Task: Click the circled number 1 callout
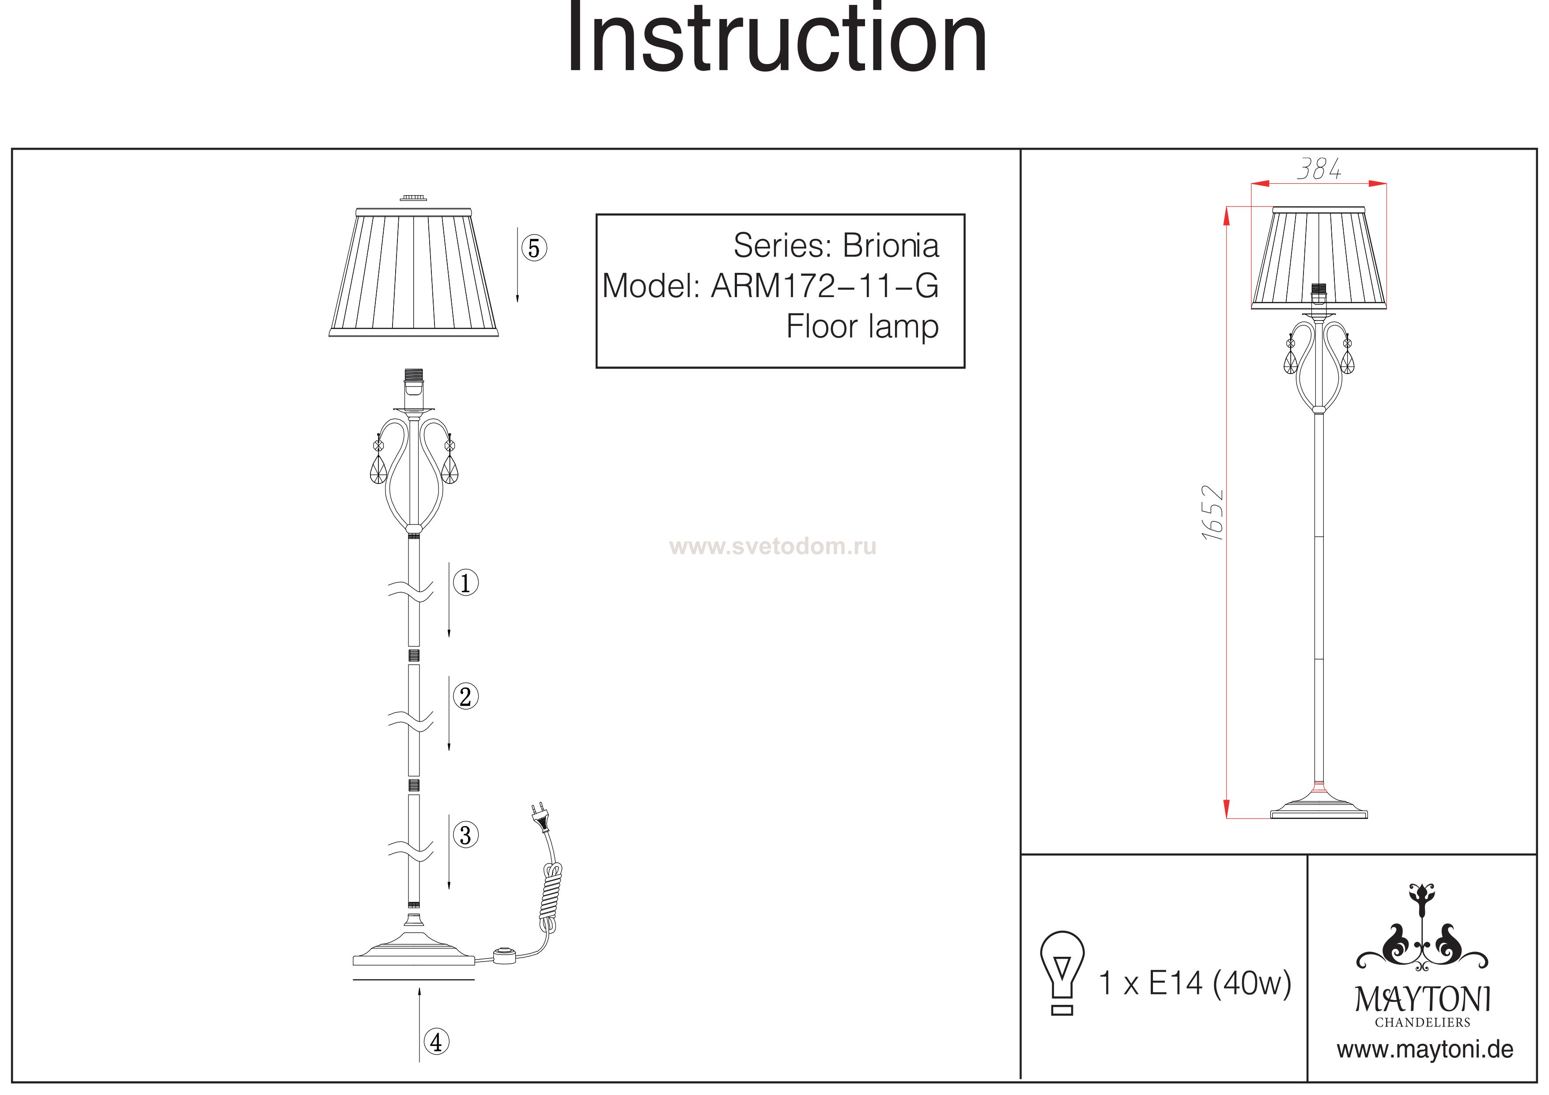tap(465, 582)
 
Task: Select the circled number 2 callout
tap(465, 696)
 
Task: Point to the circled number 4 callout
tap(437, 1042)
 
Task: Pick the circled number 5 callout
tap(534, 248)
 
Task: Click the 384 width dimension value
tap(1319, 169)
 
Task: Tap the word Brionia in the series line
tap(891, 245)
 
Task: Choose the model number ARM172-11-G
tap(824, 286)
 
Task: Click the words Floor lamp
tap(862, 327)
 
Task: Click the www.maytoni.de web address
tap(1425, 1050)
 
